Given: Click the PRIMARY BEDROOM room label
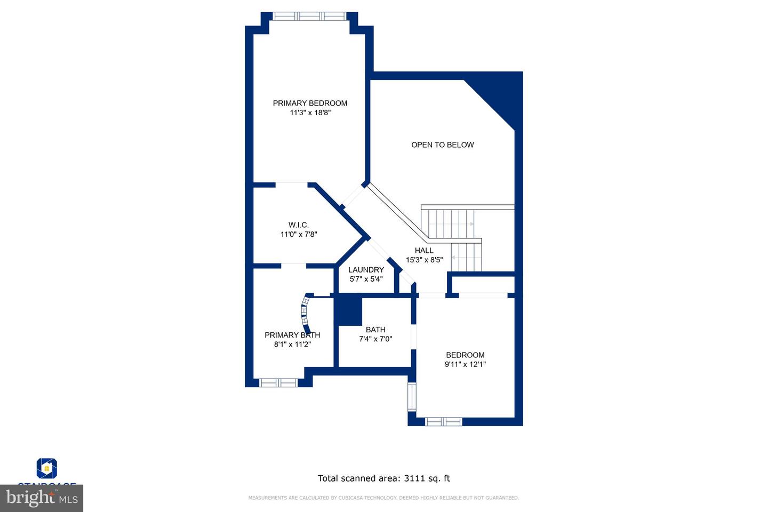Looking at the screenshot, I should [x=310, y=103].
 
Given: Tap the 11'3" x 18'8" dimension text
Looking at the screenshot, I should [x=310, y=113].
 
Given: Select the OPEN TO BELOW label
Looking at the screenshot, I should [x=442, y=145].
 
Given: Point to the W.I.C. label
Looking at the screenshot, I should [x=299, y=225].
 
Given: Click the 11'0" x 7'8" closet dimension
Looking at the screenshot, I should [x=299, y=234].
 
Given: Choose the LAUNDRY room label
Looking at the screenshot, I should [x=366, y=269].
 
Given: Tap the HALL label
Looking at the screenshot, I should [x=424, y=250].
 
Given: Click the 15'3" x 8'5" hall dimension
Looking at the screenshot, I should [x=424, y=260].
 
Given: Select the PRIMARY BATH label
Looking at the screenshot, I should [x=292, y=335].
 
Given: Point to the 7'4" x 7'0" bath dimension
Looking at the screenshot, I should [x=375, y=339].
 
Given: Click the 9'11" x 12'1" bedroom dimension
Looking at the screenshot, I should [x=465, y=364].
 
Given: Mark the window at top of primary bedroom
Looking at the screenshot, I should [x=309, y=16].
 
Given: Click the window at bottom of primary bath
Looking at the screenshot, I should [x=278, y=382].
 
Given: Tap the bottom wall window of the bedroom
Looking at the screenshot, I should [x=443, y=421].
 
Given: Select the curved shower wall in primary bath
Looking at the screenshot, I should [x=305, y=315].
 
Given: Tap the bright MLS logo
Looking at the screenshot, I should [x=42, y=498].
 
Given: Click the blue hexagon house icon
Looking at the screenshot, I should [x=47, y=468].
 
